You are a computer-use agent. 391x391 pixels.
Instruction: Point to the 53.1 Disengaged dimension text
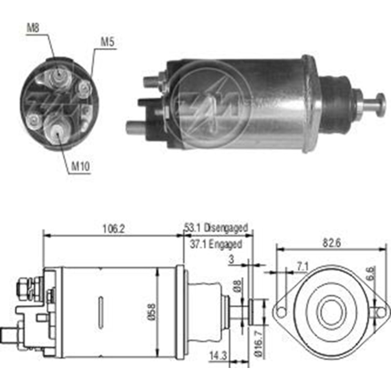[216, 228]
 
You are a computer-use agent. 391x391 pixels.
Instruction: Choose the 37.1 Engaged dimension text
[216, 244]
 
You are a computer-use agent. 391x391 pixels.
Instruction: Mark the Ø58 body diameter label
[152, 312]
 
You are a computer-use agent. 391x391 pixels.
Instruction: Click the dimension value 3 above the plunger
[232, 259]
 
